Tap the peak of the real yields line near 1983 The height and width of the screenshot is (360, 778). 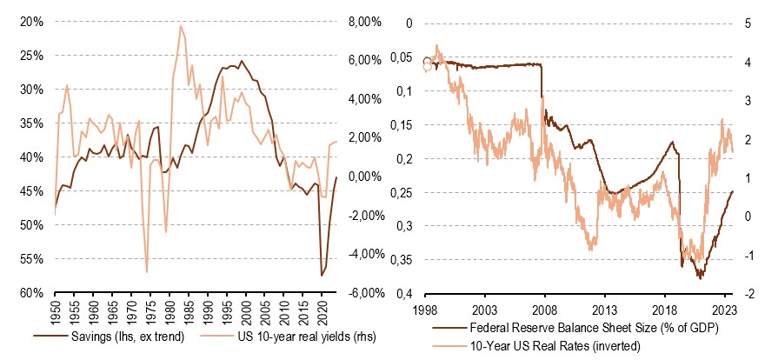point(180,26)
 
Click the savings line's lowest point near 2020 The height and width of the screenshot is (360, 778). point(322,276)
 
